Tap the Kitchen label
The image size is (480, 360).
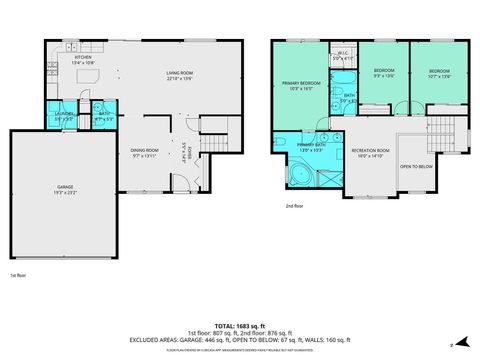tap(83, 57)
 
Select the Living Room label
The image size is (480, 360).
tap(179, 74)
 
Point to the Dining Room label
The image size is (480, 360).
tap(145, 151)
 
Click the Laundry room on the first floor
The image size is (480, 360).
tap(62, 117)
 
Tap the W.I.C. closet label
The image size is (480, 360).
tap(342, 56)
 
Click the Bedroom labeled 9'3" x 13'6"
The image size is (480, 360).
tap(383, 72)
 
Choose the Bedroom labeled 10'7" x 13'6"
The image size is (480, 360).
tap(439, 72)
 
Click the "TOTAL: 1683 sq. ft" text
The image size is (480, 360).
tap(240, 325)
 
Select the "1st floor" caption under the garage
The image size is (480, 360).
tap(18, 274)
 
